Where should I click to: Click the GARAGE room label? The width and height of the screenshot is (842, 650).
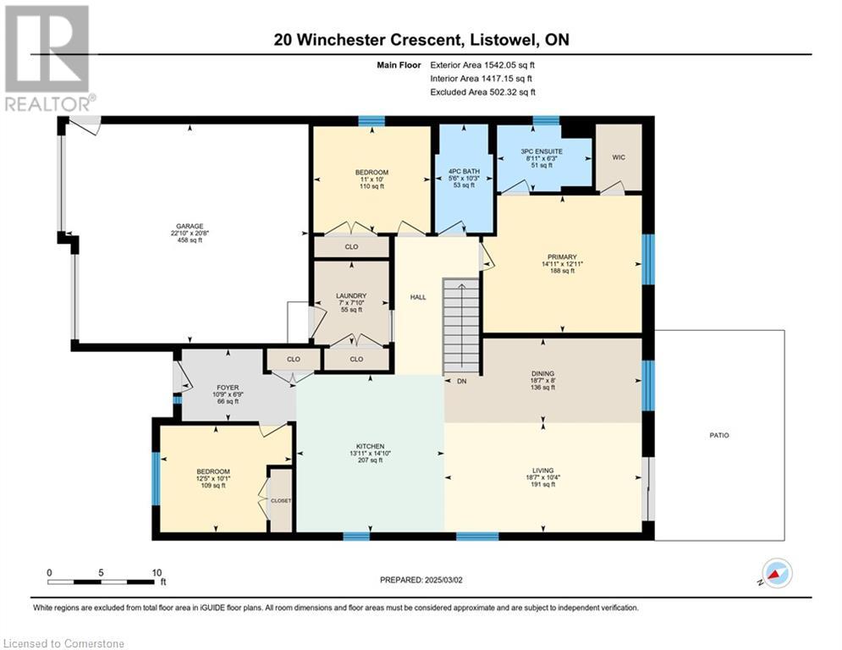pos(190,226)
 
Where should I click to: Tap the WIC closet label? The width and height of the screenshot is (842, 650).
pos(619,157)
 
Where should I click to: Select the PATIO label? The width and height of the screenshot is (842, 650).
pos(719,435)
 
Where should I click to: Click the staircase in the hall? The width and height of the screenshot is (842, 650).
pos(460,326)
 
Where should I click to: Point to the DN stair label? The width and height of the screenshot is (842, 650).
pos(462,382)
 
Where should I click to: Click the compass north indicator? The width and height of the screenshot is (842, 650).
pos(777,574)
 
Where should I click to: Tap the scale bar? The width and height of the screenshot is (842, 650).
pos(101,581)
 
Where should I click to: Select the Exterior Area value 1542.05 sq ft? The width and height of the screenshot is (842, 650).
pos(509,65)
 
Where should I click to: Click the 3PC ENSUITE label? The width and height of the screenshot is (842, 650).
pos(542,151)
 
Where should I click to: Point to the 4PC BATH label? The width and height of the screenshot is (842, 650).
pos(464,171)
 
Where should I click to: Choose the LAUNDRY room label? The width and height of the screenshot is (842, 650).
pos(351,295)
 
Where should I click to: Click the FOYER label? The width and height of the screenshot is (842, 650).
pos(228,388)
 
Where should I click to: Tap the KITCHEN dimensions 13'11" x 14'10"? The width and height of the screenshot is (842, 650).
pos(370,453)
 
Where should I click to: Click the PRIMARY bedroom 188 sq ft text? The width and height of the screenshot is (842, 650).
pos(562,271)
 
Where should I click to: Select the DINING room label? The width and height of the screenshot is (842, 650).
pos(542,373)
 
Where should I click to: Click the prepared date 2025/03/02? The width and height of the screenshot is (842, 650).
pos(443,580)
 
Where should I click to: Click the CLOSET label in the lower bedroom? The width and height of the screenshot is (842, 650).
pos(281,501)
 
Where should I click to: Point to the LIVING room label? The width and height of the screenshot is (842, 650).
pos(543,470)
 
